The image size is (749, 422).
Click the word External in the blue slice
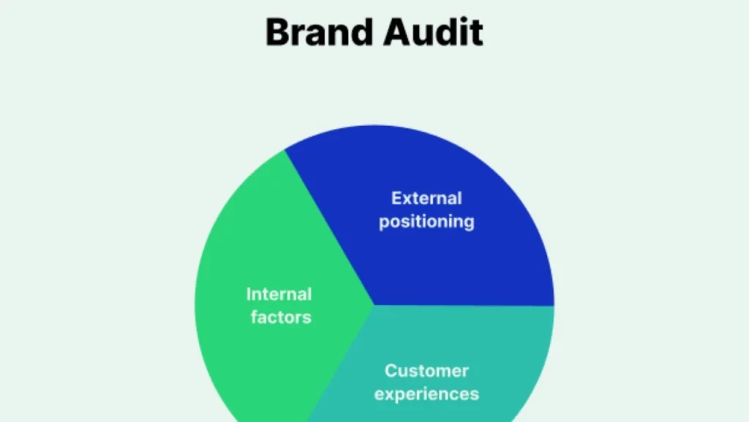coord(426,199)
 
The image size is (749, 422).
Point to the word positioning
coord(426,221)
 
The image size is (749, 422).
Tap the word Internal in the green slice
coord(279,295)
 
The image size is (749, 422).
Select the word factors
coord(281,317)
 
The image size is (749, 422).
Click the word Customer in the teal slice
coord(426,371)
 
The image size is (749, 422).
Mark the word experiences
coord(426,393)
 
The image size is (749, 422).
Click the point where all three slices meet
coord(374,306)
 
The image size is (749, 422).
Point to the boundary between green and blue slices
coord(329,228)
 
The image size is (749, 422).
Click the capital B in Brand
coord(277,33)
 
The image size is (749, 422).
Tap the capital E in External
coord(397,199)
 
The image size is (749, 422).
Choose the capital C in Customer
coord(391,371)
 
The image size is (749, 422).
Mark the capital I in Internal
coord(249,295)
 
